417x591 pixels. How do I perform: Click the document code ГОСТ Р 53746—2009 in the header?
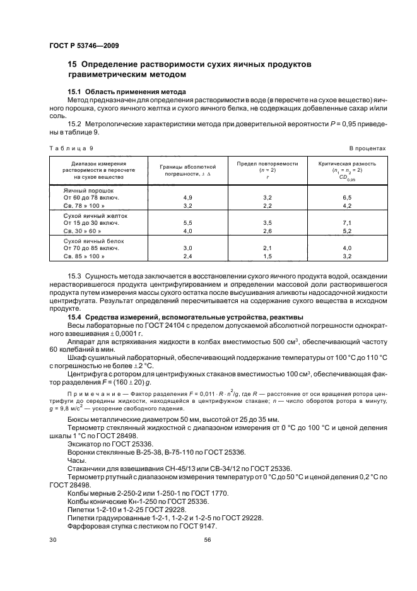(x=84, y=46)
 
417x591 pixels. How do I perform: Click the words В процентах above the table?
(x=367, y=148)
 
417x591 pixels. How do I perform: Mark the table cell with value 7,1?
(x=346, y=224)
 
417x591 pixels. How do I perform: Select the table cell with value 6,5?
(x=346, y=198)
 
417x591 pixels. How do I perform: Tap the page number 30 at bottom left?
(x=53, y=540)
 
